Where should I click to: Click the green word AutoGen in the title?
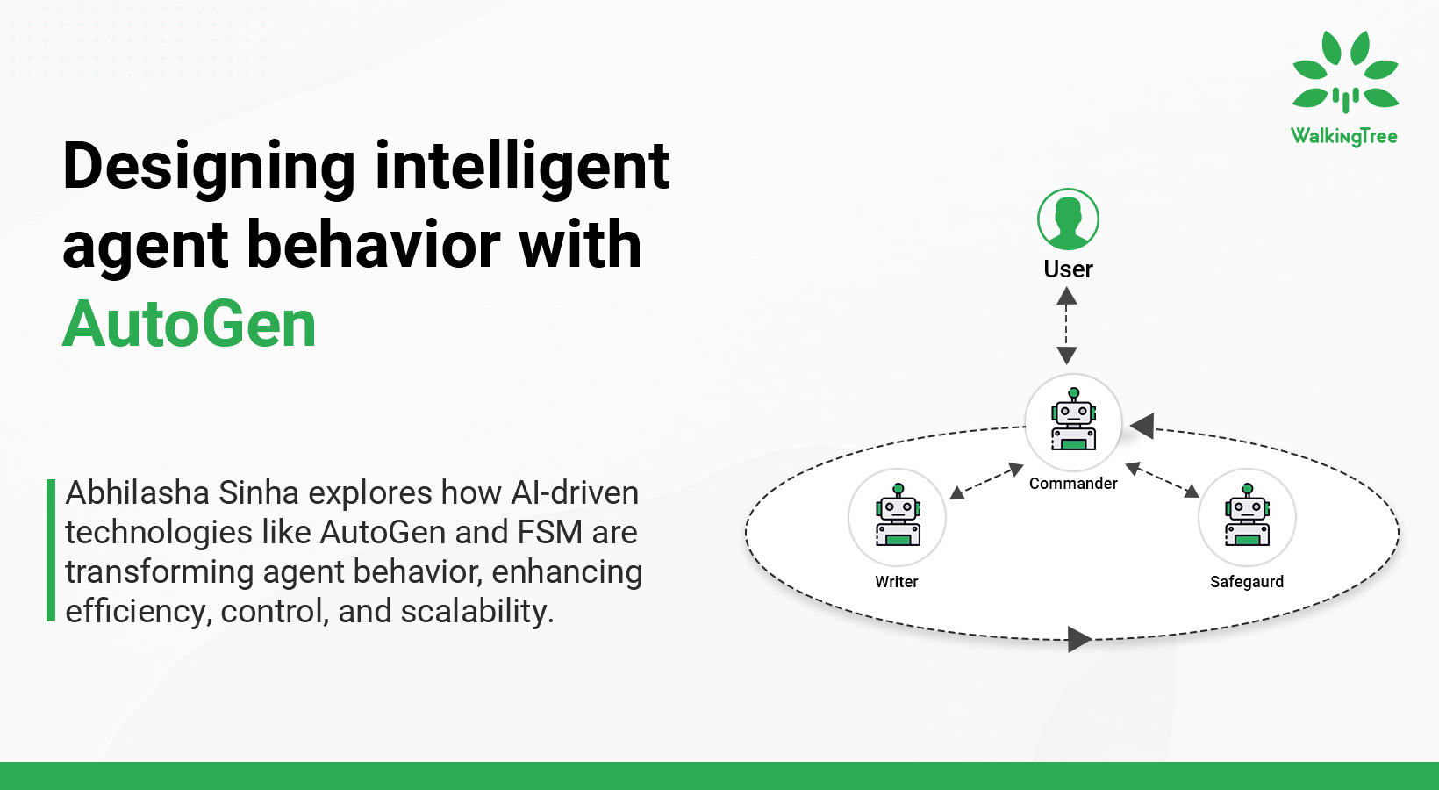pyautogui.click(x=189, y=324)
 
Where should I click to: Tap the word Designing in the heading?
pyautogui.click(x=209, y=166)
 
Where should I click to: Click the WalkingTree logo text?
pyautogui.click(x=1343, y=136)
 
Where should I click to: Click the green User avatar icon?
pyautogui.click(x=1068, y=219)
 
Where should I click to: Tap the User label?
pyautogui.click(x=1068, y=269)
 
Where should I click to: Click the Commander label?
pyautogui.click(x=1073, y=484)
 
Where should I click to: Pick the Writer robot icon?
pyautogui.click(x=897, y=517)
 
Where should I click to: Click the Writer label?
pyautogui.click(x=896, y=582)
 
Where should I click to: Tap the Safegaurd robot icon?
pyautogui.click(x=1247, y=517)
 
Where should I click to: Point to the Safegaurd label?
pyautogui.click(x=1246, y=582)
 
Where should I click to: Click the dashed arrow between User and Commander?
pyautogui.click(x=1067, y=326)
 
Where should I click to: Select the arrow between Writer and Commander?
pyautogui.click(x=987, y=481)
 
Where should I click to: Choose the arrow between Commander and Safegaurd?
pyautogui.click(x=1162, y=479)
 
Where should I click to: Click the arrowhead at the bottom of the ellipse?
pyautogui.click(x=1079, y=639)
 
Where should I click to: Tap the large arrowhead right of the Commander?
pyautogui.click(x=1142, y=427)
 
